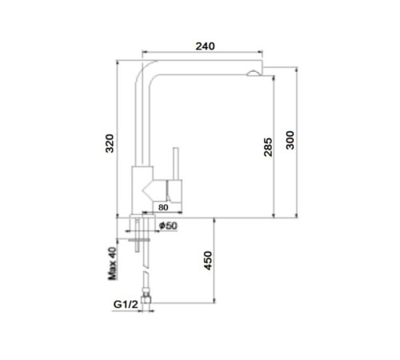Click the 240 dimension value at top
[x=205, y=46]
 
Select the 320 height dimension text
[x=110, y=143]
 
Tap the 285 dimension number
[x=268, y=147]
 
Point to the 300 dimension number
[x=290, y=140]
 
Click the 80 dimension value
[x=163, y=207]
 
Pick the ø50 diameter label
[x=168, y=226]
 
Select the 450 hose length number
[x=208, y=261]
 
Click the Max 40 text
[x=113, y=264]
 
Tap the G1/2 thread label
[x=126, y=304]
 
